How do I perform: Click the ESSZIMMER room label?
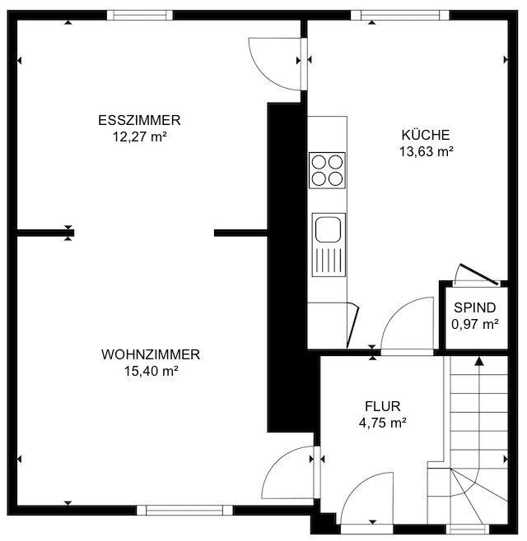[139, 120]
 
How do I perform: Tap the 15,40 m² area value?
[151, 372]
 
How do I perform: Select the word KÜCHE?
[426, 134]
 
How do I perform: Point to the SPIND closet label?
[475, 307]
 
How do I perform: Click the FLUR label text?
[383, 406]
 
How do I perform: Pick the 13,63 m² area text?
[426, 151]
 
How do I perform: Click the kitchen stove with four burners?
[327, 170]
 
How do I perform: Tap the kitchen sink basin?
[329, 229]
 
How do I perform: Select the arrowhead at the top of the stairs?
[479, 361]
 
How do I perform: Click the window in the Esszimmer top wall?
[140, 15]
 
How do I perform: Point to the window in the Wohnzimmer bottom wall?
[184, 511]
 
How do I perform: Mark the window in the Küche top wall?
[400, 15]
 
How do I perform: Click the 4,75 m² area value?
[383, 423]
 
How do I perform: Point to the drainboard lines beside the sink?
[329, 261]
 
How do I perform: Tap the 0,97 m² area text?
[475, 324]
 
